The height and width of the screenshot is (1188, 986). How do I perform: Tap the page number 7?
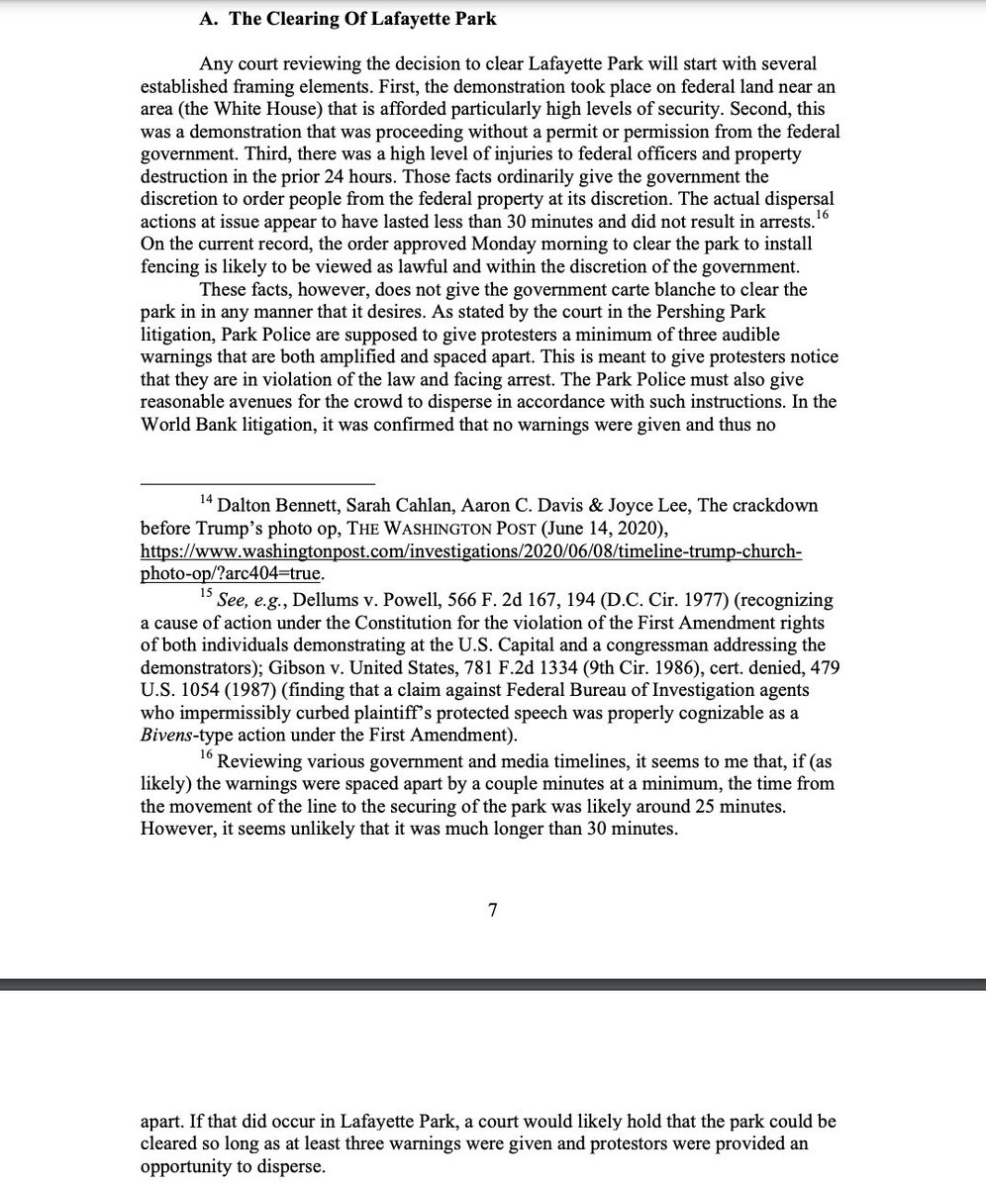click(492, 911)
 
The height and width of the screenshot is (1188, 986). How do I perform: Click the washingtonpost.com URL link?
click(471, 551)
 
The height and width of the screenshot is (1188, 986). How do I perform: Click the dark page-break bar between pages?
click(492, 984)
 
